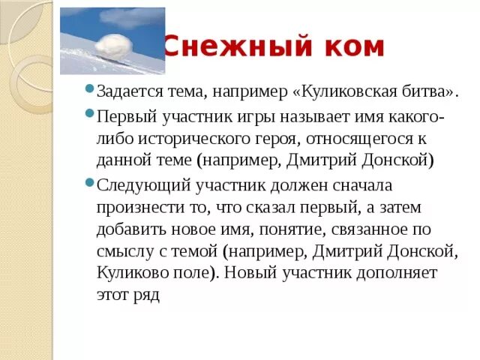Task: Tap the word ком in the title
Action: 353,47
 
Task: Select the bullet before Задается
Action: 89,91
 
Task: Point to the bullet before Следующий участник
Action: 89,182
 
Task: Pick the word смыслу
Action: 124,250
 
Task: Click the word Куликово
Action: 129,273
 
